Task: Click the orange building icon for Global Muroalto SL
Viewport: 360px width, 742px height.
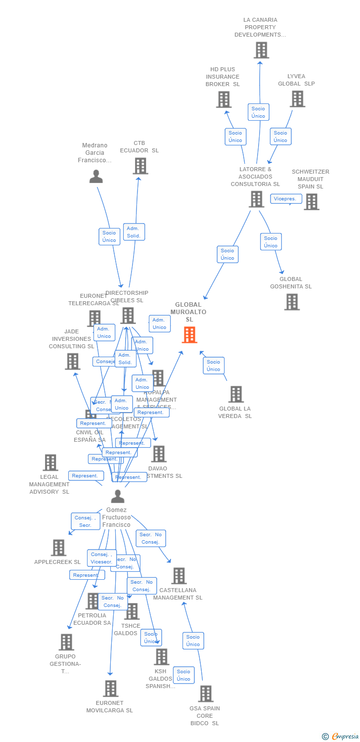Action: tap(189, 335)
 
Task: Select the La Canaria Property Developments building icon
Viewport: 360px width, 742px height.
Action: tap(261, 50)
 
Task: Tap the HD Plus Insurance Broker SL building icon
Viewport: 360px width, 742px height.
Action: tap(224, 99)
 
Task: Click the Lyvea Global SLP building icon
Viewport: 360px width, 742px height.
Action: tap(297, 99)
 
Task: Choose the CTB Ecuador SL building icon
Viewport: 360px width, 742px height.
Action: tap(140, 166)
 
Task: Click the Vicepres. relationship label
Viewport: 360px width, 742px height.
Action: tap(286, 199)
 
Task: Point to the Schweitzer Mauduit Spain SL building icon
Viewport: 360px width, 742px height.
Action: tap(311, 202)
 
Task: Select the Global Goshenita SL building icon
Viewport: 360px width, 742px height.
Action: tap(292, 302)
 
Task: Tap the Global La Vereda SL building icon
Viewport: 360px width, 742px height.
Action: tap(236, 394)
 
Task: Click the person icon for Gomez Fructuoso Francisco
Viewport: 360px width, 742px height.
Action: tap(118, 496)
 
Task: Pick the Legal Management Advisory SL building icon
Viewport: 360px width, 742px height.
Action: tap(50, 463)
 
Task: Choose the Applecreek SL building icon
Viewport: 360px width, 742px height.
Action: tap(58, 548)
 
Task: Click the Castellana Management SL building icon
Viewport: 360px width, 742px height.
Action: tap(179, 576)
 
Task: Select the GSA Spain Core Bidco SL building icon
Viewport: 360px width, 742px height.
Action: tap(206, 694)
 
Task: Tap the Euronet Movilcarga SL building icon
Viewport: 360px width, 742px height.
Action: tap(110, 688)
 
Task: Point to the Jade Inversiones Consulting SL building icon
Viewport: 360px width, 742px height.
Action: tap(73, 361)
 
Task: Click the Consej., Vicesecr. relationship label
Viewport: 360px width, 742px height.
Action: tap(102, 558)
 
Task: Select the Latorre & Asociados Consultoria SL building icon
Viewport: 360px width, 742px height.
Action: tap(256, 199)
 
